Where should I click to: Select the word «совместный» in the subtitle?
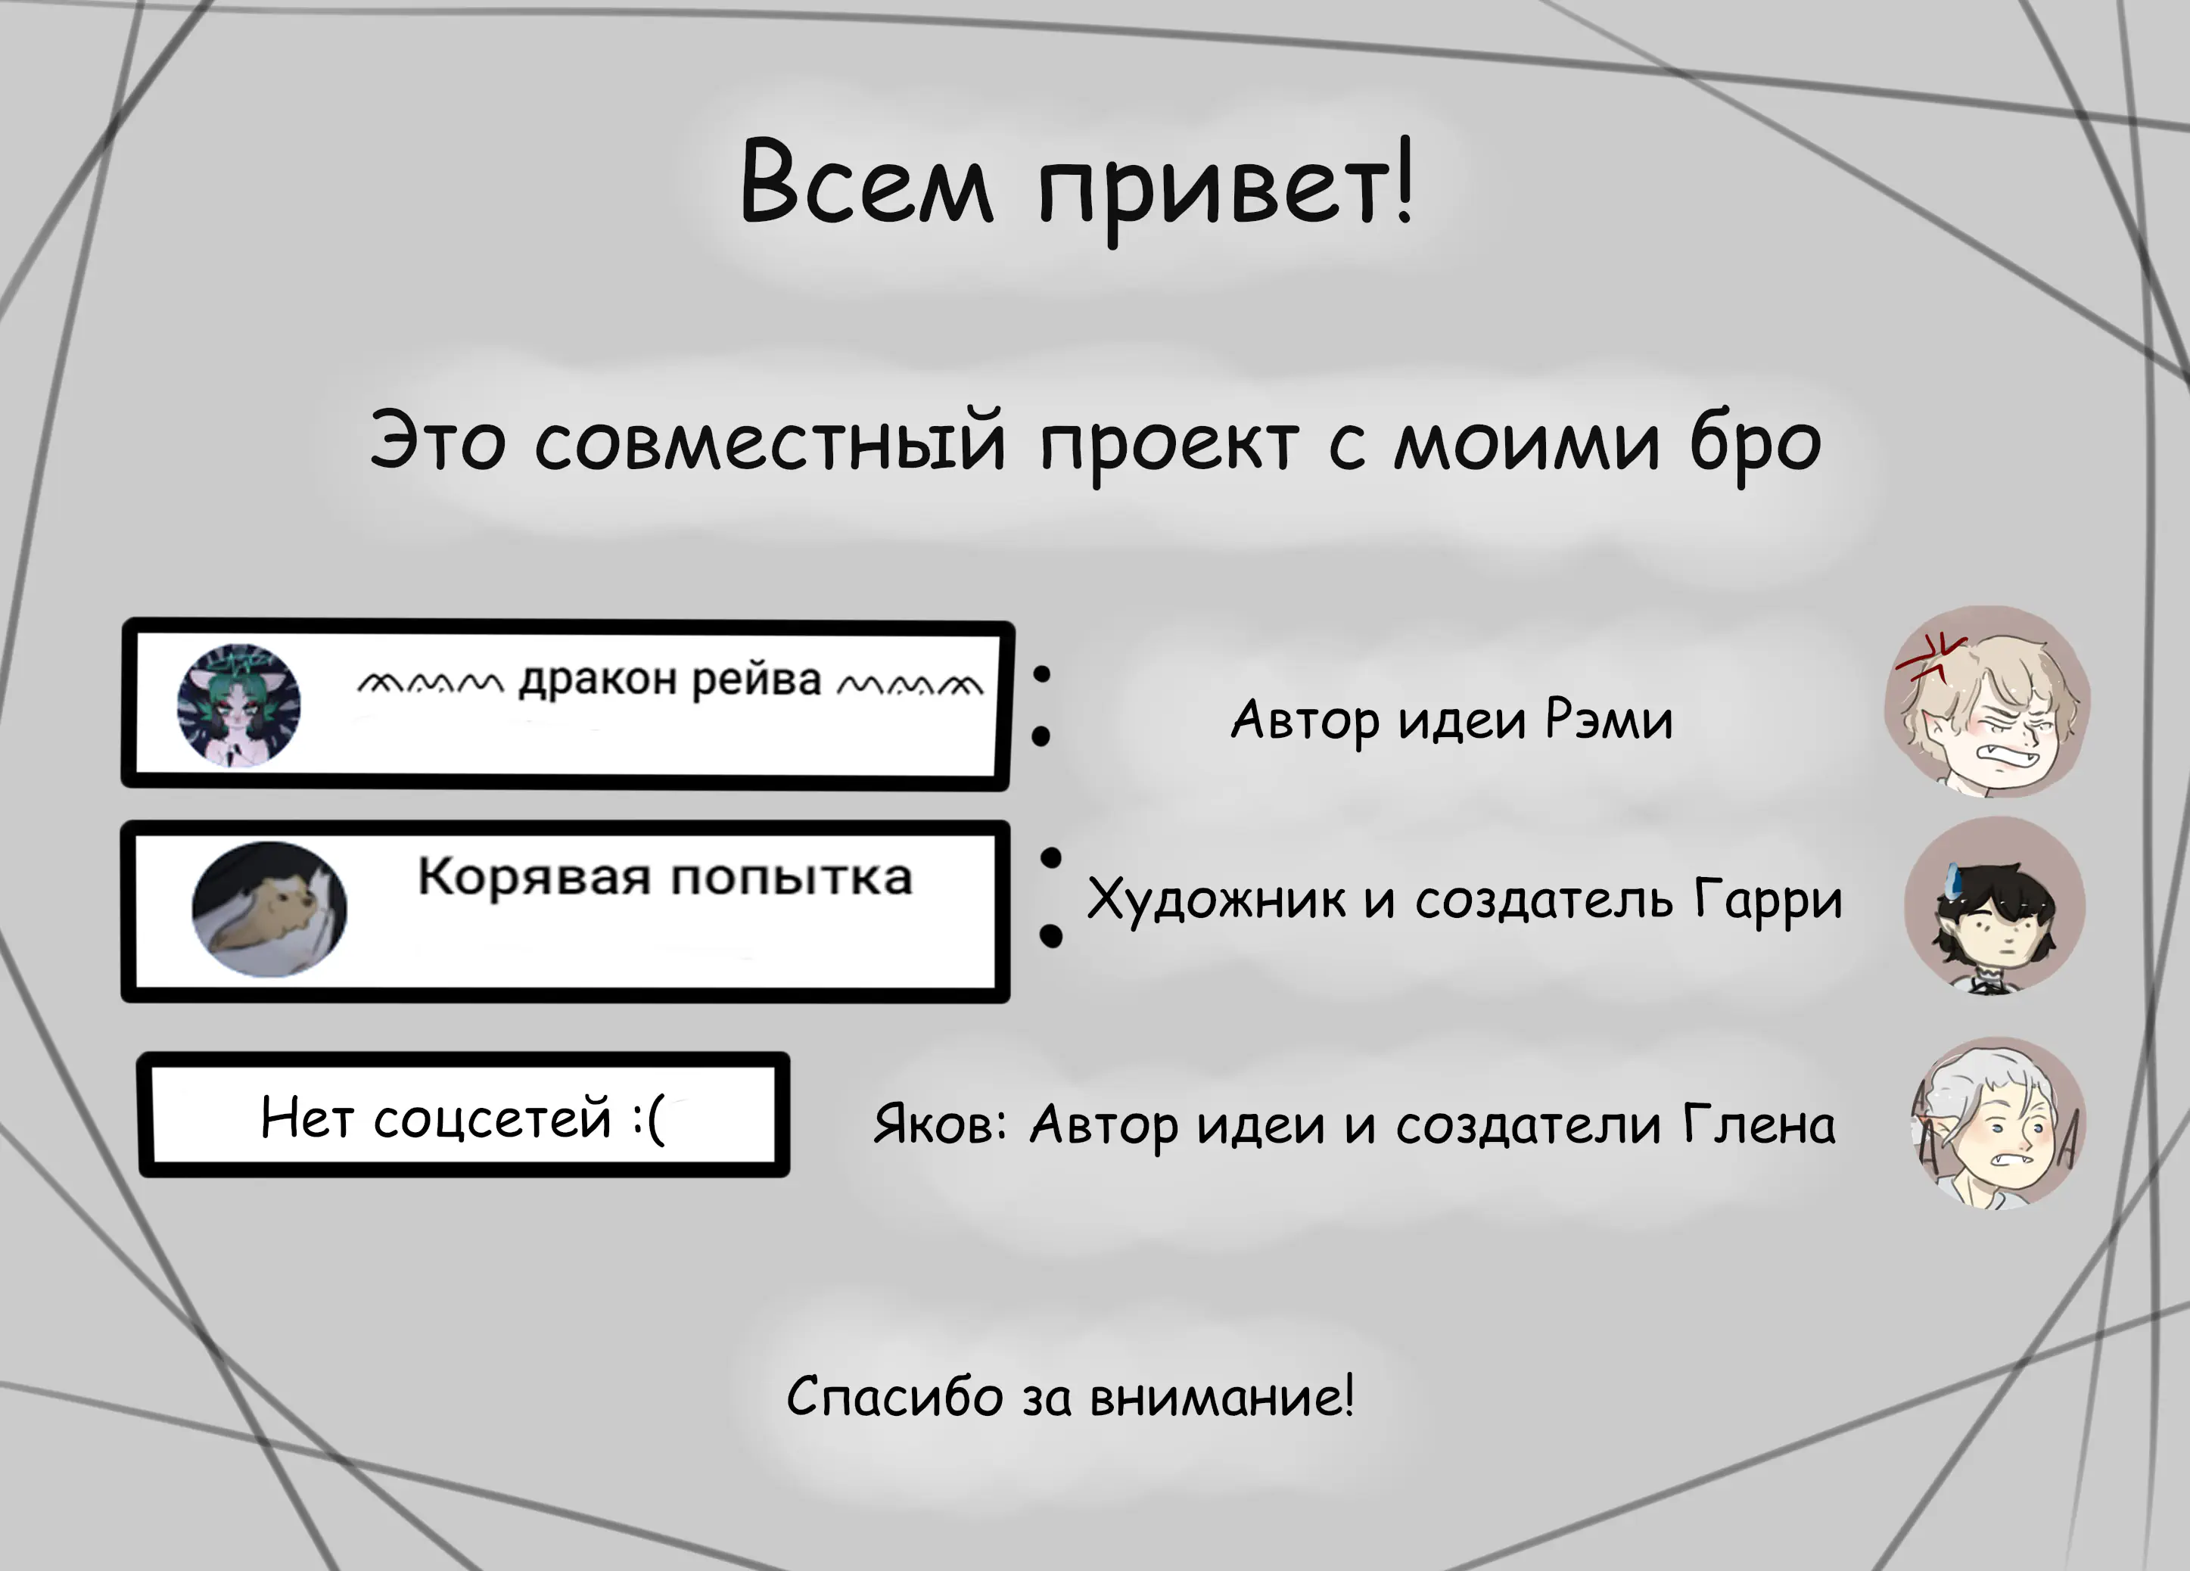click(770, 441)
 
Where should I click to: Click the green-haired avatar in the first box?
click(238, 705)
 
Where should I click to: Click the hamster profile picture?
click(269, 909)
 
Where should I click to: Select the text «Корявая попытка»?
click(664, 878)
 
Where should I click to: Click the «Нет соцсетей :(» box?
click(463, 1115)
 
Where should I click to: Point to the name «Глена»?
click(1759, 1125)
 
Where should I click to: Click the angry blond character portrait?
click(1986, 702)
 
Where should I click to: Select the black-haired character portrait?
click(1994, 905)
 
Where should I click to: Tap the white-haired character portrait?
click(1998, 1122)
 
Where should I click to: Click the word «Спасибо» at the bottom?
click(895, 1397)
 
